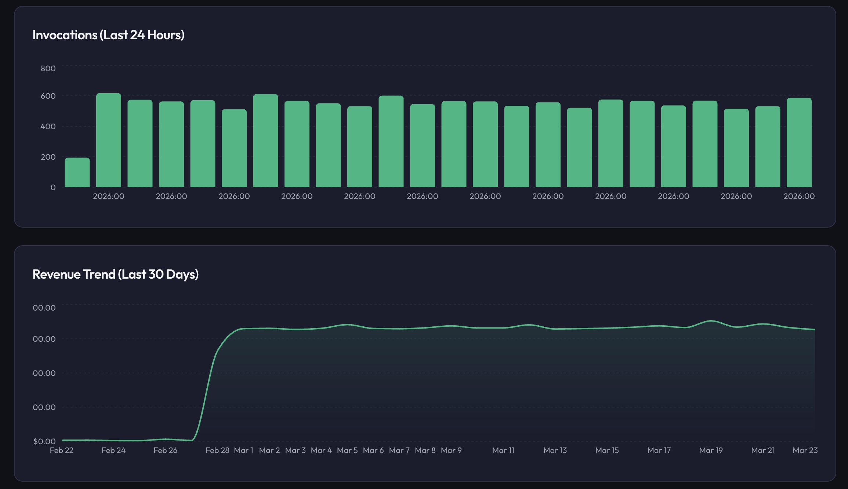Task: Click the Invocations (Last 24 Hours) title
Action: (108, 35)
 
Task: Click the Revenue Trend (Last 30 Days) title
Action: (115, 274)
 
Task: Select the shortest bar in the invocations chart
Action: (77, 173)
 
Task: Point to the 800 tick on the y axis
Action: (48, 68)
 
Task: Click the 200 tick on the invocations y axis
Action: (48, 157)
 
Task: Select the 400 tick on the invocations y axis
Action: (48, 127)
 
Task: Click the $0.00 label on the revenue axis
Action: (44, 441)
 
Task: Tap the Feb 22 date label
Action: (62, 450)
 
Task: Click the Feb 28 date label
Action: (217, 450)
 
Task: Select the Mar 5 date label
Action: (347, 450)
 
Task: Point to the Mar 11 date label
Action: (503, 450)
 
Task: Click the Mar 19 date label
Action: (711, 450)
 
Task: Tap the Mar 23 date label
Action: (805, 450)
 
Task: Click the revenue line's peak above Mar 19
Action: (711, 321)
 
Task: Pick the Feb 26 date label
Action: (165, 450)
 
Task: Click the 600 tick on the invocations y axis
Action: (48, 96)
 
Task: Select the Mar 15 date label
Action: (607, 450)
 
